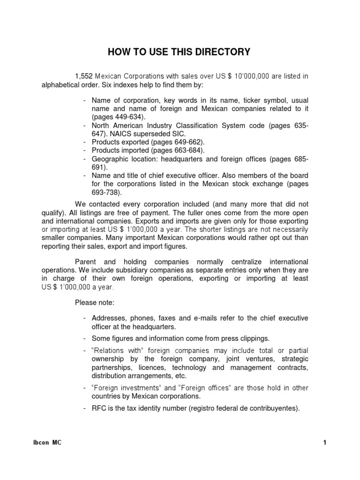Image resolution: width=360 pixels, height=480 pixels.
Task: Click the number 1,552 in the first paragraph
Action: coord(84,76)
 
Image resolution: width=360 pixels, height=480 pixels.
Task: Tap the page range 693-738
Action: coord(109,193)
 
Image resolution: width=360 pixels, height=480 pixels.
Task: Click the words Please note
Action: coord(94,302)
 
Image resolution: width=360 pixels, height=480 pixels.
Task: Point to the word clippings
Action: coord(254,338)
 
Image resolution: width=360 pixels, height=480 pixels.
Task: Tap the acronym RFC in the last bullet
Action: coord(98,408)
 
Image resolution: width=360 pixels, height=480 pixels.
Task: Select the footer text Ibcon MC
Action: coord(44,443)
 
